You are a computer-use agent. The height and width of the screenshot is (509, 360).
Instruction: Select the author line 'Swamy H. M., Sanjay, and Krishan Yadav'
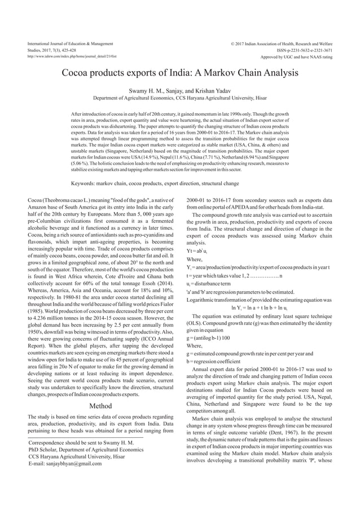click(179, 90)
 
